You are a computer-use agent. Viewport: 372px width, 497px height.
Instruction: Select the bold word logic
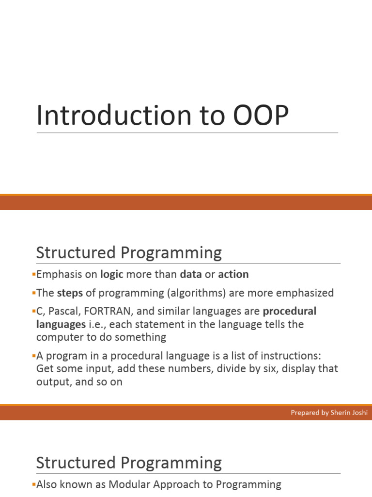(112, 274)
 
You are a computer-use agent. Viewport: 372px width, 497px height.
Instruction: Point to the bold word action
(233, 274)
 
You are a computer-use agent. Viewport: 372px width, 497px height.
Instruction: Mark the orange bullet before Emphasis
(34, 275)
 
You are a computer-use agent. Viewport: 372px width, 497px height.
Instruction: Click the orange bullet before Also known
(34, 484)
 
